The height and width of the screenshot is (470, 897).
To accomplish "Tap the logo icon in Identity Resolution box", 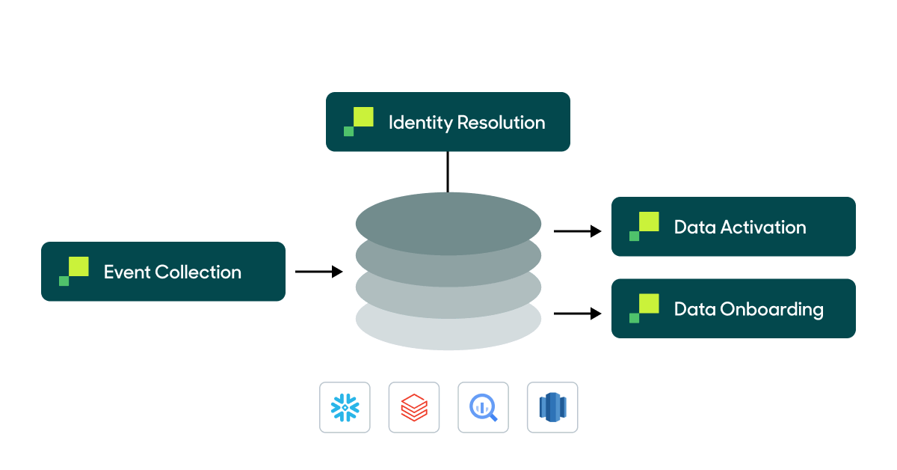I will [359, 121].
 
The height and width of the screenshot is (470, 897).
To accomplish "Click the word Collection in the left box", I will [198, 272].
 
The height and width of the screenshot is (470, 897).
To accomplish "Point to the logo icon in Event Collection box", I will [74, 271].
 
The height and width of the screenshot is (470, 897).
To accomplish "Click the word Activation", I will [763, 228].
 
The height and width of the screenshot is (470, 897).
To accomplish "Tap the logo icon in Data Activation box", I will [644, 226].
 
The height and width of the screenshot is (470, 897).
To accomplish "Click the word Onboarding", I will [771, 309].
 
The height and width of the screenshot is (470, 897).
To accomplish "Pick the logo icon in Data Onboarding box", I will [644, 308].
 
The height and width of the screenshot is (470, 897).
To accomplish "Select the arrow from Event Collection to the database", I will [319, 272].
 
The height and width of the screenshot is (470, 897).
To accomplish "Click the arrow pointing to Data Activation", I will [578, 231].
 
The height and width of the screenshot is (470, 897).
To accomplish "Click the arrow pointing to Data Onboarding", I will [578, 314].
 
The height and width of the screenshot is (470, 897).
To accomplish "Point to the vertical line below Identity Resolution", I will [448, 171].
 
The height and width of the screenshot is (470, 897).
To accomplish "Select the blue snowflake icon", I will [345, 408].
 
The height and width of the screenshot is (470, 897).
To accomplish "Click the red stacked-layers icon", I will [414, 408].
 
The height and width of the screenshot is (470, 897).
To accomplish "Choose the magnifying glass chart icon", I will [483, 408].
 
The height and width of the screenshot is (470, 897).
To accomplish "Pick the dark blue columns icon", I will [552, 408].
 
